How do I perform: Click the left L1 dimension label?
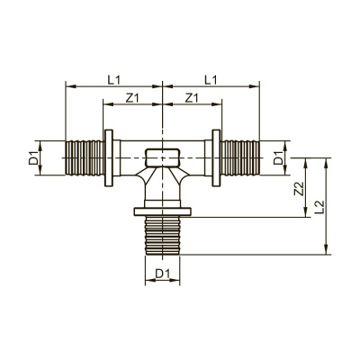click(x=114, y=80)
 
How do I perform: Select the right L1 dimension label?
click(x=209, y=80)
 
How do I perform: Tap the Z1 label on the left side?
click(x=133, y=97)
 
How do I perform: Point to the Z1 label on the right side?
click(x=192, y=97)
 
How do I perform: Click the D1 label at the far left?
click(x=34, y=160)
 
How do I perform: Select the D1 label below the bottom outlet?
click(x=162, y=273)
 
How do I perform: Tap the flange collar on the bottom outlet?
click(x=162, y=212)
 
